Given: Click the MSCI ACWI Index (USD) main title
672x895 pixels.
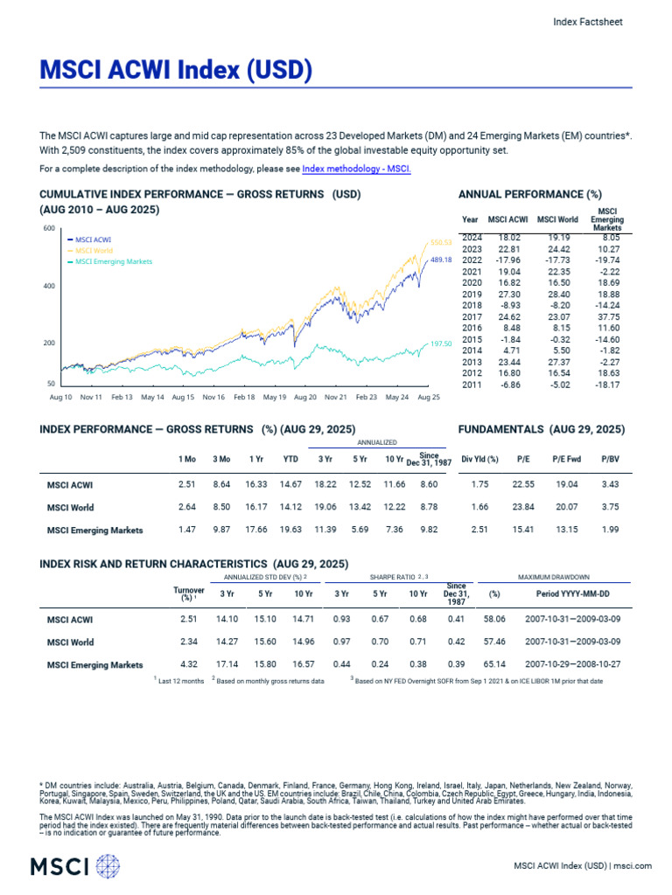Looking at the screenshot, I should pyautogui.click(x=175, y=69).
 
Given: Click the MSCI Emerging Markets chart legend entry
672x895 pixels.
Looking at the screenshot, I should pyautogui.click(x=113, y=261).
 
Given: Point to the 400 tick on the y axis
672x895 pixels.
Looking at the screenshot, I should pyautogui.click(x=49, y=286).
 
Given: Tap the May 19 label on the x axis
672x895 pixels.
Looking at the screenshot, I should pyautogui.click(x=275, y=397).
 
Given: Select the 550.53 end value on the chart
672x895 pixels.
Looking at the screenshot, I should pyautogui.click(x=440, y=242).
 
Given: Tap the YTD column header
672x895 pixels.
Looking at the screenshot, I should pyautogui.click(x=290, y=458).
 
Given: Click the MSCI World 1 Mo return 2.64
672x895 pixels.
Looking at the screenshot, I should pyautogui.click(x=185, y=507).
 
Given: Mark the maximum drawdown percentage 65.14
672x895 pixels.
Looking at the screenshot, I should pyautogui.click(x=494, y=665).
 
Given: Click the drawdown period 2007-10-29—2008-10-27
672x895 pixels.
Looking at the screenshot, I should pyautogui.click(x=573, y=665).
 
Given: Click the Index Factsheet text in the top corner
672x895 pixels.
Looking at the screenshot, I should pyautogui.click(x=588, y=22).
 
